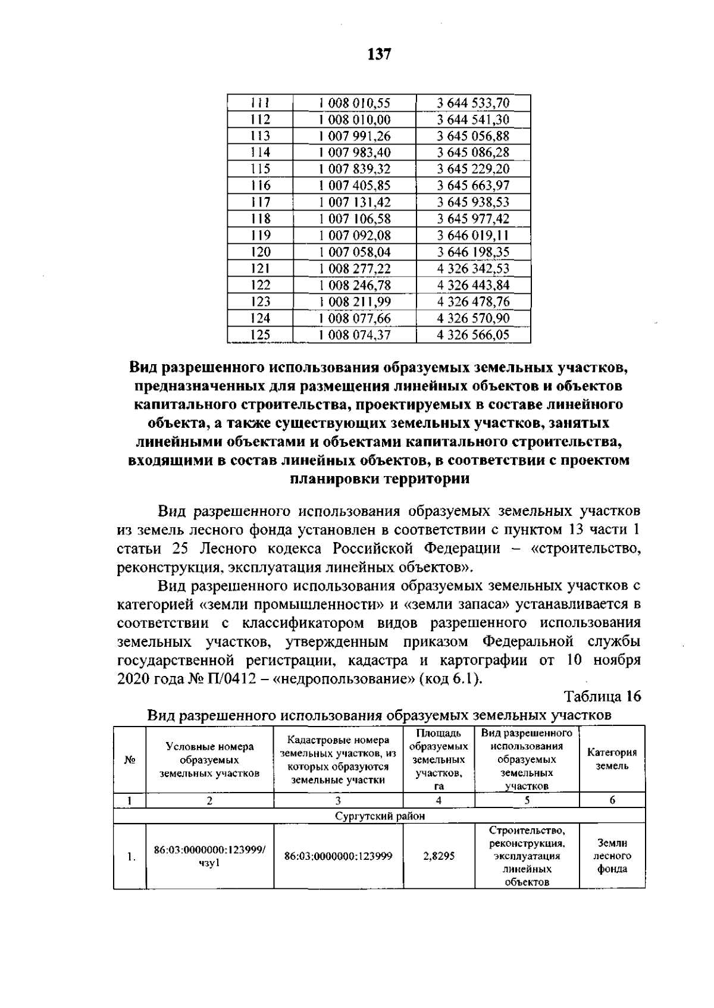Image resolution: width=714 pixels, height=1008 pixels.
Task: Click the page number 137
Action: click(x=380, y=55)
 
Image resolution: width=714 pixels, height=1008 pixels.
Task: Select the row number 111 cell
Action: click(x=260, y=103)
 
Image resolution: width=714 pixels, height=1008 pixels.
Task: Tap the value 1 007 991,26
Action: click(x=355, y=136)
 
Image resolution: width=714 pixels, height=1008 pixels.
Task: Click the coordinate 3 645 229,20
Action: click(x=473, y=169)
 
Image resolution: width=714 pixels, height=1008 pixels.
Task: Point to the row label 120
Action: click(x=260, y=252)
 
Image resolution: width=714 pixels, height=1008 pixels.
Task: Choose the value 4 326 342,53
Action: click(x=473, y=268)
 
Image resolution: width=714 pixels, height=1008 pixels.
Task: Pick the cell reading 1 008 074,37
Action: click(x=355, y=335)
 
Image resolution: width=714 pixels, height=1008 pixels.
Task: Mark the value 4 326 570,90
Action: click(x=473, y=318)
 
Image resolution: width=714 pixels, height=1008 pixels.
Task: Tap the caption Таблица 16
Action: click(x=602, y=696)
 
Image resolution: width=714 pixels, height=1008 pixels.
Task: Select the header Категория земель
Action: click(x=612, y=759)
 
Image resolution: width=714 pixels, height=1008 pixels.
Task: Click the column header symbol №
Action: click(x=129, y=760)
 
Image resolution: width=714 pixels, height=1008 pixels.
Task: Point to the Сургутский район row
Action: click(x=379, y=816)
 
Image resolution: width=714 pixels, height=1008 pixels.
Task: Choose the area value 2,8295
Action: click(x=439, y=856)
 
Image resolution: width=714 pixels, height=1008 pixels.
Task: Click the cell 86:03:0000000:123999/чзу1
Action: click(x=209, y=856)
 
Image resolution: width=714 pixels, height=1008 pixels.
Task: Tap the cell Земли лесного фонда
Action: click(x=612, y=856)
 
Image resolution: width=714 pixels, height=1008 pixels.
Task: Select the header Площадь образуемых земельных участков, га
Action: click(x=439, y=759)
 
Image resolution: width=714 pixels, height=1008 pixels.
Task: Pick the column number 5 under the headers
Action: click(x=527, y=800)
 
